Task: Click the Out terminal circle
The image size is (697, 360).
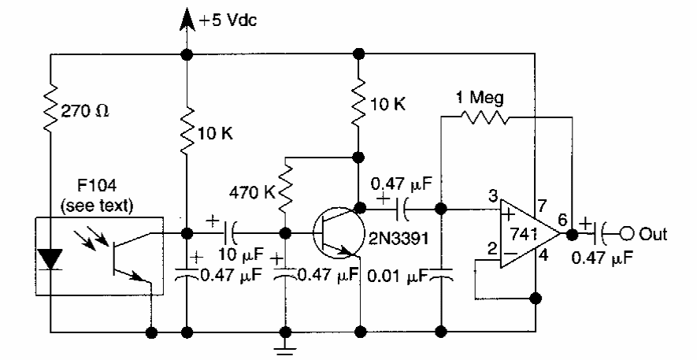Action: point(627,233)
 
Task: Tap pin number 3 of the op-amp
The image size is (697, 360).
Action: point(491,197)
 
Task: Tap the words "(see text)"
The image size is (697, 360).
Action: point(98,206)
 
